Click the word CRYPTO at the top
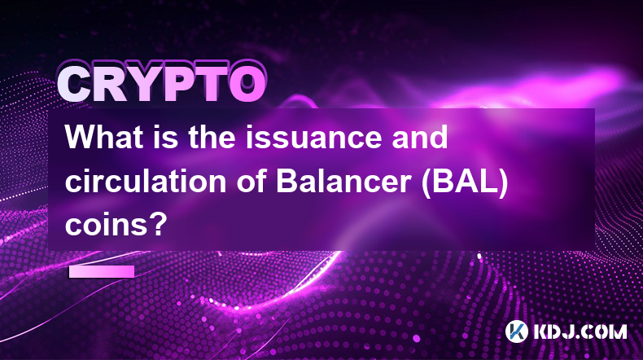click(162, 83)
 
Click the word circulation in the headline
click(146, 181)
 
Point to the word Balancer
click(343, 181)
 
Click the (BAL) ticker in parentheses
click(465, 182)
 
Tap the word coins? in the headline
click(116, 225)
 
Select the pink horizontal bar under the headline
click(102, 271)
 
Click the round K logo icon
click(516, 331)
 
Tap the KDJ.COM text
click(580, 331)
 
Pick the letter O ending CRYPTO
click(247, 84)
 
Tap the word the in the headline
click(212, 137)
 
